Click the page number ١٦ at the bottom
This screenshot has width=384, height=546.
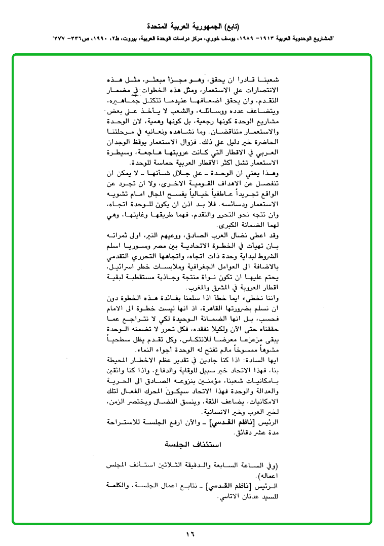pos(190,533)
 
